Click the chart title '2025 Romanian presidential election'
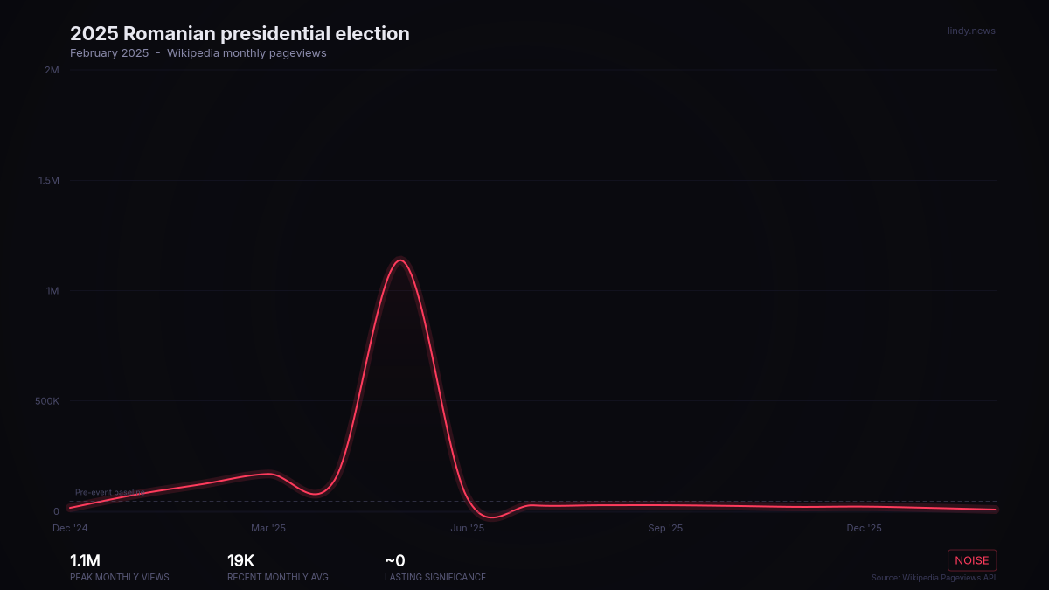click(240, 34)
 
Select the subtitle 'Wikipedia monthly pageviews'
click(247, 53)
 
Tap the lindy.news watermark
click(971, 31)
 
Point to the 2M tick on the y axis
click(52, 70)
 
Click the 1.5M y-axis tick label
click(48, 180)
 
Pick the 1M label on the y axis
click(52, 290)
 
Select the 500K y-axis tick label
click(47, 401)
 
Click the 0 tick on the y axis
click(56, 511)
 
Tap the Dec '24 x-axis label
click(70, 528)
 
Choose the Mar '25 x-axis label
click(268, 528)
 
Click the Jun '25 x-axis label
click(467, 528)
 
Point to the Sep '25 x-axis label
click(665, 528)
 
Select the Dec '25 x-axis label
click(864, 528)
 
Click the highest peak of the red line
click(401, 260)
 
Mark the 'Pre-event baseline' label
click(110, 492)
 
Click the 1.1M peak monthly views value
click(85, 561)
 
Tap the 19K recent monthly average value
click(240, 561)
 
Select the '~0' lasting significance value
click(395, 561)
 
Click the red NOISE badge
click(972, 560)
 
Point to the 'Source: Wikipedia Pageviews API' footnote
click(933, 577)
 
